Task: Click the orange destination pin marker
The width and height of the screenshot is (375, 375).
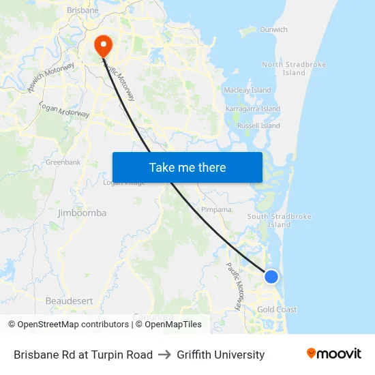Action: pos(104,46)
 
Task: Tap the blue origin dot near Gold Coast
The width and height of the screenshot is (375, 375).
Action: pos(271,276)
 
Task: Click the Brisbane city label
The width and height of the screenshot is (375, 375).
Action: pos(82,11)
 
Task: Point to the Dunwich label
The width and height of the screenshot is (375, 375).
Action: pos(273,30)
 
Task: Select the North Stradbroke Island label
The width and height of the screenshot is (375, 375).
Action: pos(294,69)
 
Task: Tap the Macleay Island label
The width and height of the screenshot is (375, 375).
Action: pos(247,90)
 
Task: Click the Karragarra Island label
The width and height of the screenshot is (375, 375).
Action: pos(252,109)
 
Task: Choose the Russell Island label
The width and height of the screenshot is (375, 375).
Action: pos(258,126)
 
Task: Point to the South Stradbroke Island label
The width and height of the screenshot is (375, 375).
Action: pos(279,220)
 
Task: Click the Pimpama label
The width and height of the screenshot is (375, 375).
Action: pos(216,210)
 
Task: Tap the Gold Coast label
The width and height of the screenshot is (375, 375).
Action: pos(277,310)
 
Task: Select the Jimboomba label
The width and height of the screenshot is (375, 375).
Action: pos(82,213)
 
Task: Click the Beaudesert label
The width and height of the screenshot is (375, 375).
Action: pos(69,301)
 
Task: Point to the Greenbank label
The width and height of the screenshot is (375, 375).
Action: pos(63,162)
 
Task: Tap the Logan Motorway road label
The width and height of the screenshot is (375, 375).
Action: pos(65,110)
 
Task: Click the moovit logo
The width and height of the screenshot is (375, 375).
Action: pos(333,354)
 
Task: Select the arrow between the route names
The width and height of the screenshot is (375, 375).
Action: pos(164,355)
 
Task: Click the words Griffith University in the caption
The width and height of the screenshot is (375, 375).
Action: pos(220,355)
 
